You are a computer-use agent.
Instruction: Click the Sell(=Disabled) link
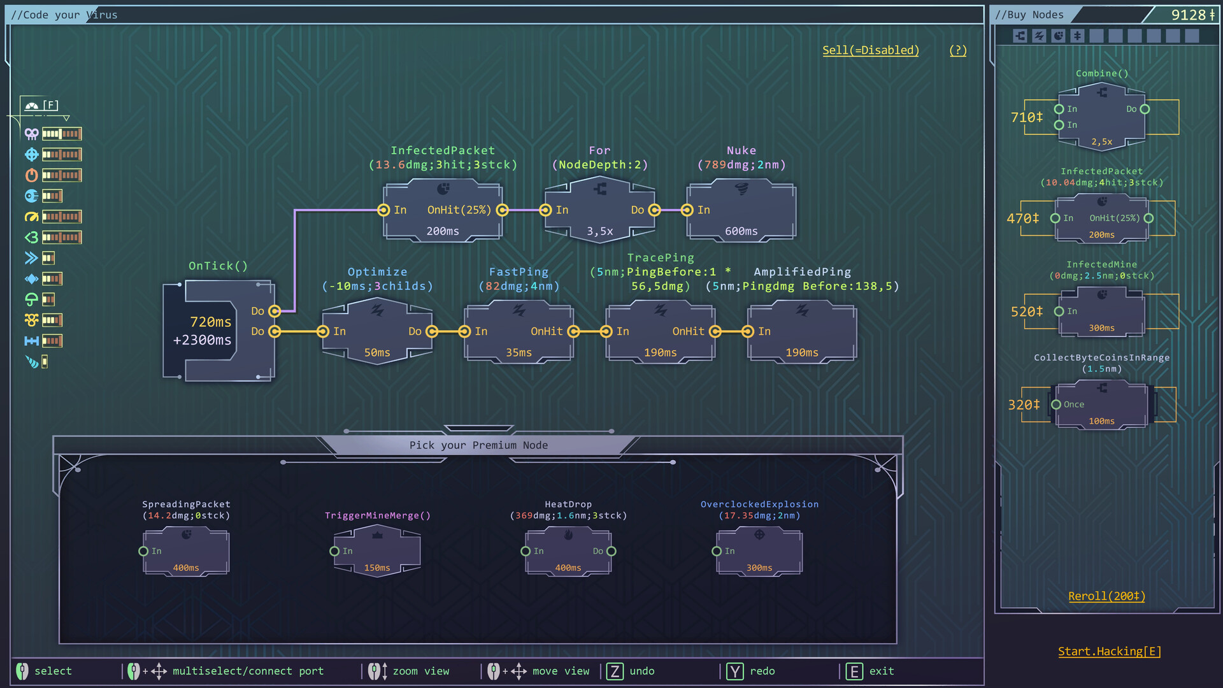870,50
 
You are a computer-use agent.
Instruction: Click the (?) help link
957,50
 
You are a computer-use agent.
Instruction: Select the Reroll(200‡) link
1106,596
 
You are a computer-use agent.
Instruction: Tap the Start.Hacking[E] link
1109,651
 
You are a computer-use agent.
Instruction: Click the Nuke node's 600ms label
741,231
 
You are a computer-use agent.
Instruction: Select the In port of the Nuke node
687,210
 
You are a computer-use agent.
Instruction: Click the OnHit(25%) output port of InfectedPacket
502,210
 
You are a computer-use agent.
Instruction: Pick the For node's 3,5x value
599,231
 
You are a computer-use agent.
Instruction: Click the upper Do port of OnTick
275,311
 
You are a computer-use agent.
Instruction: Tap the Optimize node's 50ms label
377,352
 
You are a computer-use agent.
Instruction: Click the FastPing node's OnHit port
573,331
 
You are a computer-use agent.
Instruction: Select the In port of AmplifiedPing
748,331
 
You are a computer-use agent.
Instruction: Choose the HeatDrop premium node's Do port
611,551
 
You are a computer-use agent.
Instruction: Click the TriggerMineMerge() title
377,515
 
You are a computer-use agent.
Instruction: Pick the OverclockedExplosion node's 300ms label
759,568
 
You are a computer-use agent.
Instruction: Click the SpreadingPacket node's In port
143,551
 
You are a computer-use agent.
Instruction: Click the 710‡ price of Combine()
1026,117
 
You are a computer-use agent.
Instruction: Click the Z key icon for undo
615,671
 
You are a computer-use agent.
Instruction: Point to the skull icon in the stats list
31,134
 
